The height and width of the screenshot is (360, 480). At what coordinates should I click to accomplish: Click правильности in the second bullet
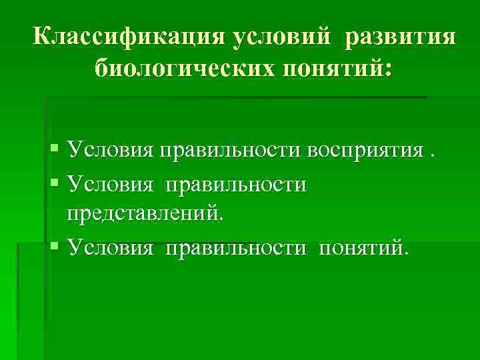coord(236,183)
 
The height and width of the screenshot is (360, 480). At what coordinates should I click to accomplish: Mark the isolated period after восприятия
coord(433,157)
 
